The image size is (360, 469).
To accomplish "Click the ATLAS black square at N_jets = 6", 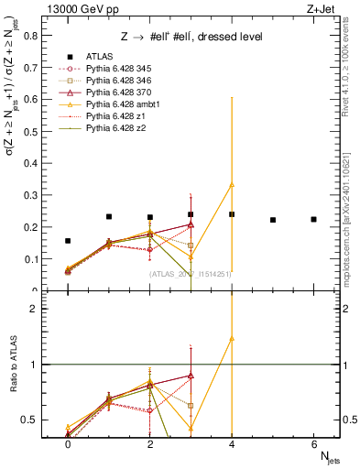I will [313, 219].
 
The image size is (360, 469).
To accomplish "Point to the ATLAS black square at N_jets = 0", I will [68, 241].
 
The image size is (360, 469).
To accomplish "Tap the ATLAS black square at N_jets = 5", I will [273, 220].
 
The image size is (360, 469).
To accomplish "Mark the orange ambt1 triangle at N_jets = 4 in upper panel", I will [232, 184].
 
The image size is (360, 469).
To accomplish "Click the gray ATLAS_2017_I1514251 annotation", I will [190, 274].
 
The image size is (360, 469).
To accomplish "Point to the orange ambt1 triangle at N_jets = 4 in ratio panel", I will [232, 338].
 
